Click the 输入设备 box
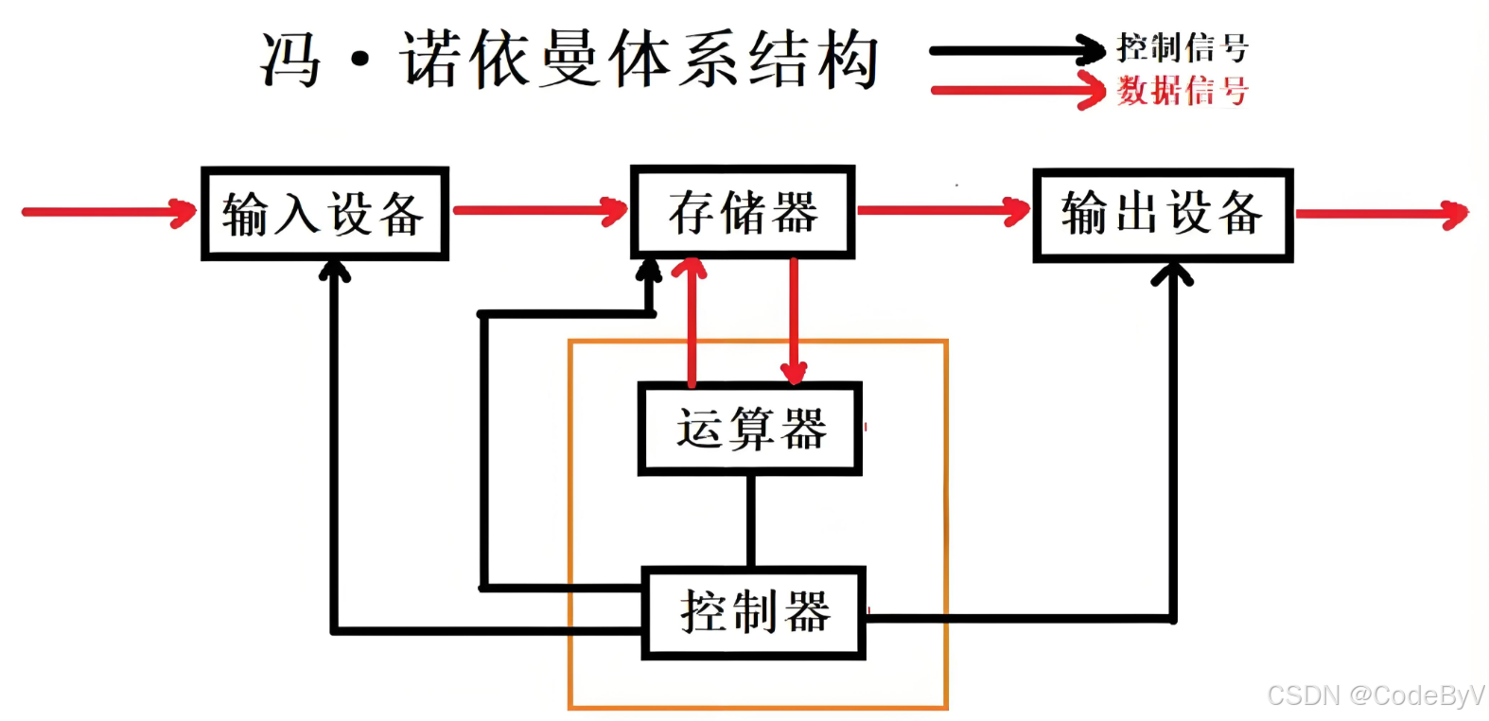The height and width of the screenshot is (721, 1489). [324, 214]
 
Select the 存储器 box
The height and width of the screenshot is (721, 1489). [743, 212]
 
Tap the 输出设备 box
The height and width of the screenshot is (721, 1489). [1162, 215]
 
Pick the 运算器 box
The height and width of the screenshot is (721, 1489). [750, 429]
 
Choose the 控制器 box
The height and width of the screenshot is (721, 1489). [754, 612]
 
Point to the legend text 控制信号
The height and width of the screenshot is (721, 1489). [1182, 47]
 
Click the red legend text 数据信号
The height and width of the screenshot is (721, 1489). [1182, 91]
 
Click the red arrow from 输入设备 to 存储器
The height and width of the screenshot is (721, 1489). [539, 210]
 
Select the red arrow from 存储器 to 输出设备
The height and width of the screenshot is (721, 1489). [942, 210]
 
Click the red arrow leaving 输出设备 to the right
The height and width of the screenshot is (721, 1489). [1381, 214]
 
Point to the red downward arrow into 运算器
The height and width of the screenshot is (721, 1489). [794, 322]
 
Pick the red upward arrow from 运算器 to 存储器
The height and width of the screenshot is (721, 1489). [692, 322]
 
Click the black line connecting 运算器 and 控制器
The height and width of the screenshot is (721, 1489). [751, 520]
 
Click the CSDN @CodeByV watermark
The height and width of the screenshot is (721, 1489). [1375, 695]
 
